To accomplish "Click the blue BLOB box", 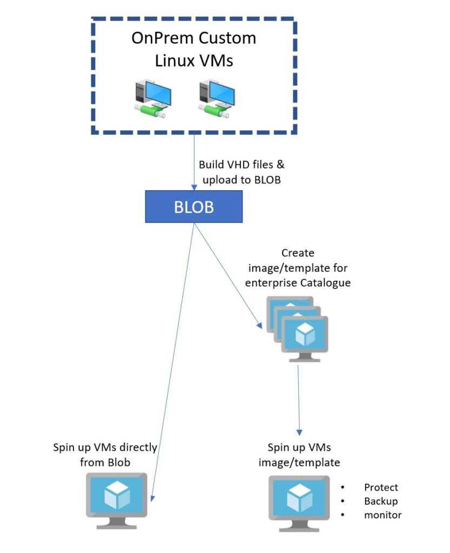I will [x=193, y=207].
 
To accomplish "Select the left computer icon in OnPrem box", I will [x=152, y=99].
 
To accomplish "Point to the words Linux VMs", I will [x=194, y=61].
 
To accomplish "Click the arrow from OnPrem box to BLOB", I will [x=193, y=163].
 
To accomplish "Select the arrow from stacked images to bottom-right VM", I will [x=299, y=400].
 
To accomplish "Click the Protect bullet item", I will [x=381, y=487].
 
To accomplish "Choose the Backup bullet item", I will [x=381, y=501].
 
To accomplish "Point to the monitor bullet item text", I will [x=382, y=515].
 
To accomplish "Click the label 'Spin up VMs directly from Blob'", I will [x=105, y=454].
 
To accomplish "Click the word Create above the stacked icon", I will [x=298, y=253].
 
